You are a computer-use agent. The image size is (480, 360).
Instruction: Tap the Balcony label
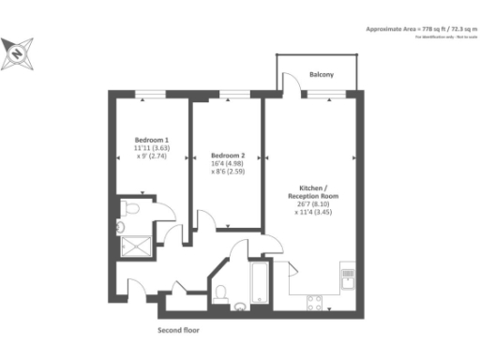[322, 74]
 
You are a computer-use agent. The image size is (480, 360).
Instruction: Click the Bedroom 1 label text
[150, 139]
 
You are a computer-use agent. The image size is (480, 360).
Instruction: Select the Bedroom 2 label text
[228, 155]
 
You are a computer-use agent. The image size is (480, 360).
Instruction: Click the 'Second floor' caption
[177, 330]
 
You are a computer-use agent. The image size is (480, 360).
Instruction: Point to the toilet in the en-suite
[130, 207]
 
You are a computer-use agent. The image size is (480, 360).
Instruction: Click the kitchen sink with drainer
[348, 277]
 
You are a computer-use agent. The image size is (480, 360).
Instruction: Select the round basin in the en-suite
[121, 226]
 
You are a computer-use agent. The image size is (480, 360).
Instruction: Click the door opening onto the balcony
[293, 87]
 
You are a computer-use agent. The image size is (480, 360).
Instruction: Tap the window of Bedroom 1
[149, 93]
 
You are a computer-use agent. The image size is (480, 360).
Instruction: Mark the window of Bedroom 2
[228, 93]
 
